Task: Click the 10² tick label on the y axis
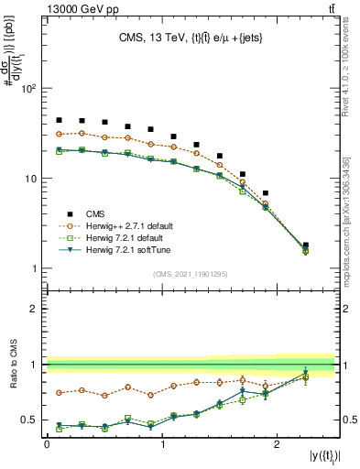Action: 27,90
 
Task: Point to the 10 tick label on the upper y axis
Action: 29,179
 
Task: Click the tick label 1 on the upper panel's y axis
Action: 32,268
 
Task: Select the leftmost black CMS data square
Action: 59,120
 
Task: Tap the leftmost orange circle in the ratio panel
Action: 59,392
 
